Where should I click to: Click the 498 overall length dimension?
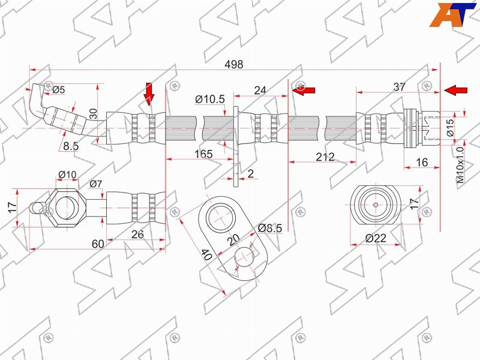point(234,64)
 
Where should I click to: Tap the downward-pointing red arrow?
point(149,94)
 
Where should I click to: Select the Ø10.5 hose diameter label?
point(210,99)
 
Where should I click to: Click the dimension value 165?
point(203,154)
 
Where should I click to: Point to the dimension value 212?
point(325,157)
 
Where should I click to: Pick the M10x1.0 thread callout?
point(460,164)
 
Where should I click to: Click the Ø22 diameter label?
point(376,238)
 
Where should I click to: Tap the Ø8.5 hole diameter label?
point(270,228)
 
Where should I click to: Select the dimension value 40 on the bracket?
point(207,254)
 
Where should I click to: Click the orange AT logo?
point(453,14)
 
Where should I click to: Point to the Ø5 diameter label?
point(58,89)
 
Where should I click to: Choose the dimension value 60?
point(98,244)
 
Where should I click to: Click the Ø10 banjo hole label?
point(67,175)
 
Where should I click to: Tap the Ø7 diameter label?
point(95,184)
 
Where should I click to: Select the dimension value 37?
point(399,87)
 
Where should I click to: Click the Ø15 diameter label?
point(449,127)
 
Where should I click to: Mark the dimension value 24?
point(260,91)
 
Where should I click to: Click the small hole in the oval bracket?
point(244,257)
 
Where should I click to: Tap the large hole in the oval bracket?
point(220,218)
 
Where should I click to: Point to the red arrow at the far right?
point(455,91)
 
